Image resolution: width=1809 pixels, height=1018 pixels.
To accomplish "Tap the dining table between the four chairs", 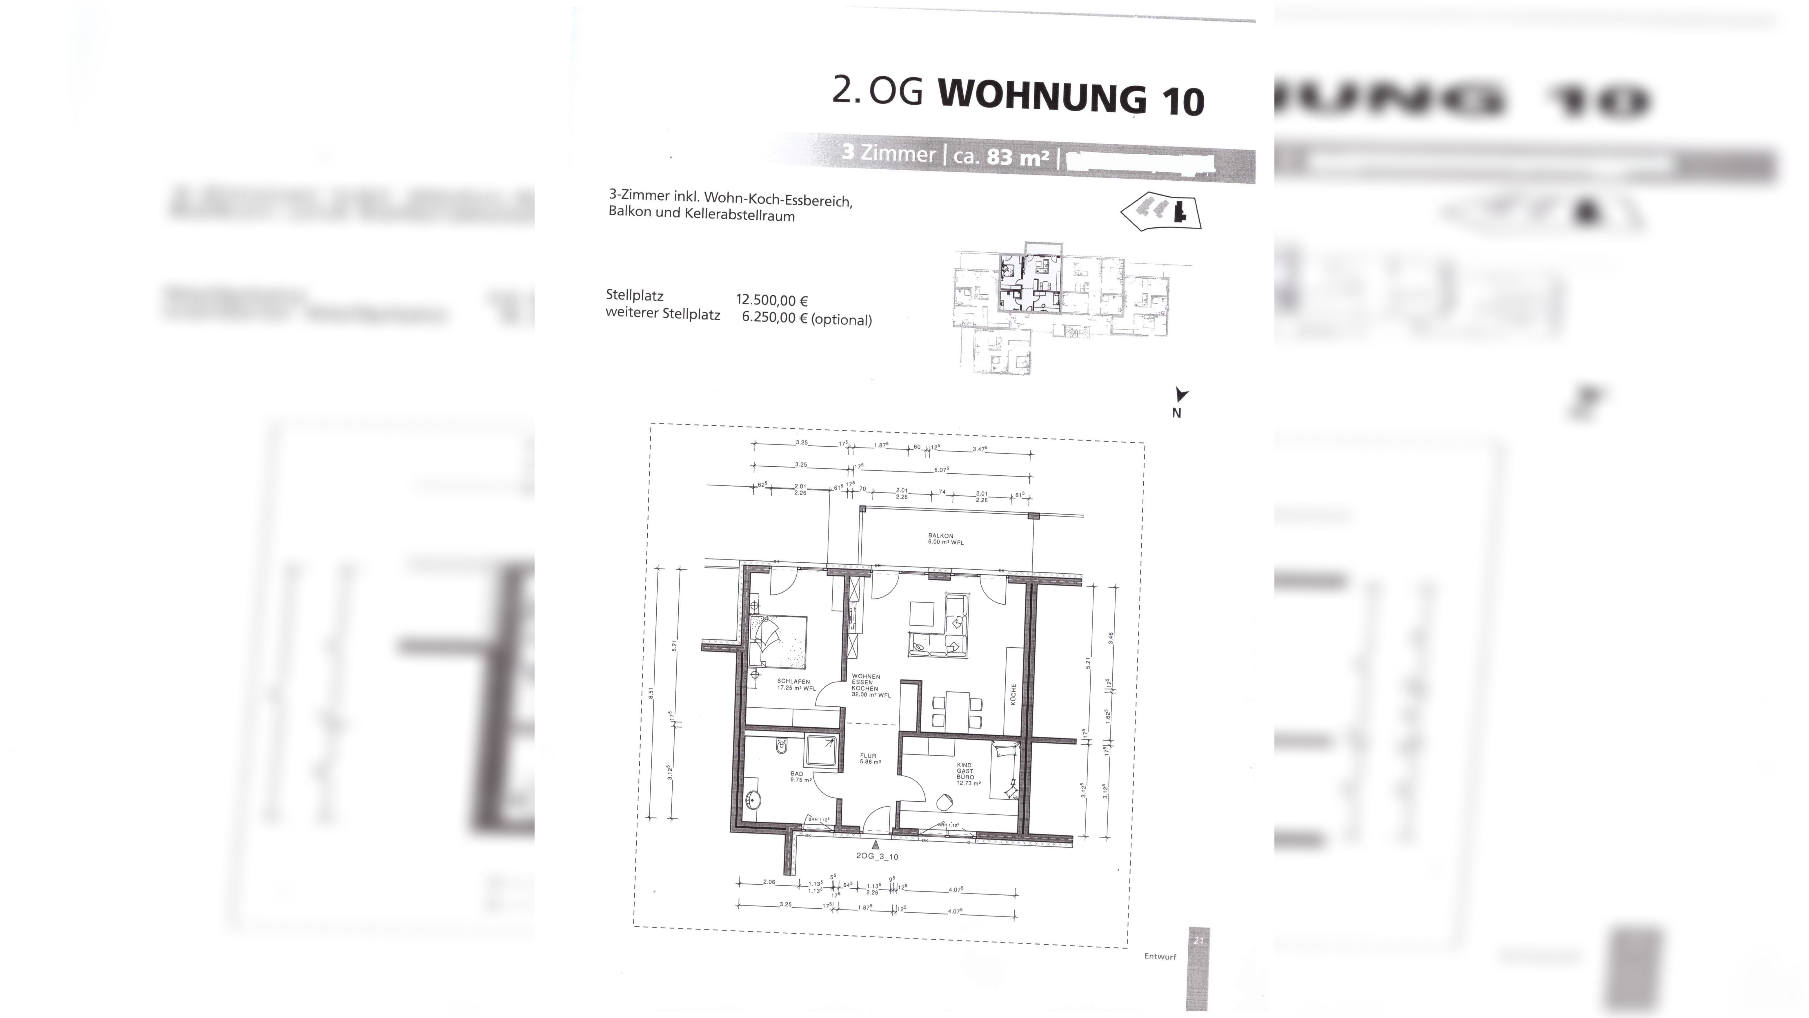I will [x=957, y=710].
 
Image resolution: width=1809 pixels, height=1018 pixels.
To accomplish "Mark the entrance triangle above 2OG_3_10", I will [x=875, y=845].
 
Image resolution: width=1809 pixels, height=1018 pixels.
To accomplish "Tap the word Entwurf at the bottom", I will [x=1160, y=956].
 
